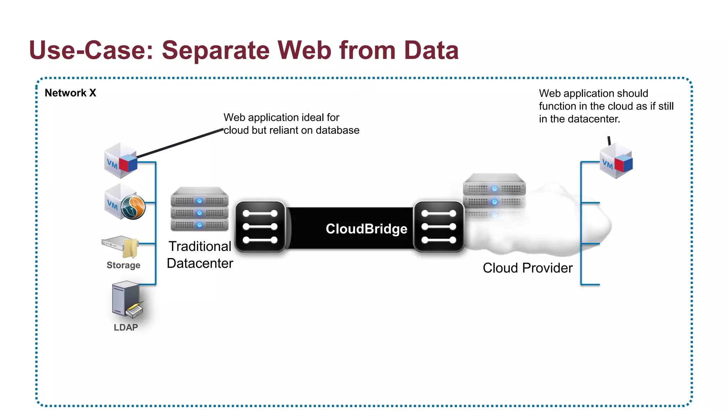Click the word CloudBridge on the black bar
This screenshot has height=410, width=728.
pyautogui.click(x=366, y=229)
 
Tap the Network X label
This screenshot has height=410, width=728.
pyautogui.click(x=70, y=93)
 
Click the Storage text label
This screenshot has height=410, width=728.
pyautogui.click(x=123, y=265)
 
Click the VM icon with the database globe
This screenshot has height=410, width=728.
pyautogui.click(x=125, y=202)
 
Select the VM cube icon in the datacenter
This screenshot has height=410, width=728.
pyautogui.click(x=121, y=161)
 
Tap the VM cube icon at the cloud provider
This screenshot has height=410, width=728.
pyautogui.click(x=616, y=161)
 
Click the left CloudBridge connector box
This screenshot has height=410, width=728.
pyautogui.click(x=260, y=227)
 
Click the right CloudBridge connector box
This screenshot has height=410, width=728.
pyautogui.click(x=439, y=227)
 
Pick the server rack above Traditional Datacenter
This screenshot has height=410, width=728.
pyautogui.click(x=199, y=209)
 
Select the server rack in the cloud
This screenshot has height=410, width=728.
pyautogui.click(x=494, y=194)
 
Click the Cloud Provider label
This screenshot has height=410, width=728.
pyautogui.click(x=528, y=268)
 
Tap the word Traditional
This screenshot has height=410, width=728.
pyautogui.click(x=200, y=246)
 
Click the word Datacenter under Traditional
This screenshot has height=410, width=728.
pyautogui.click(x=200, y=263)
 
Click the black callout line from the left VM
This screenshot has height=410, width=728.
pyautogui.click(x=180, y=143)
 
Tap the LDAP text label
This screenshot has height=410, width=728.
pyautogui.click(x=125, y=327)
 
